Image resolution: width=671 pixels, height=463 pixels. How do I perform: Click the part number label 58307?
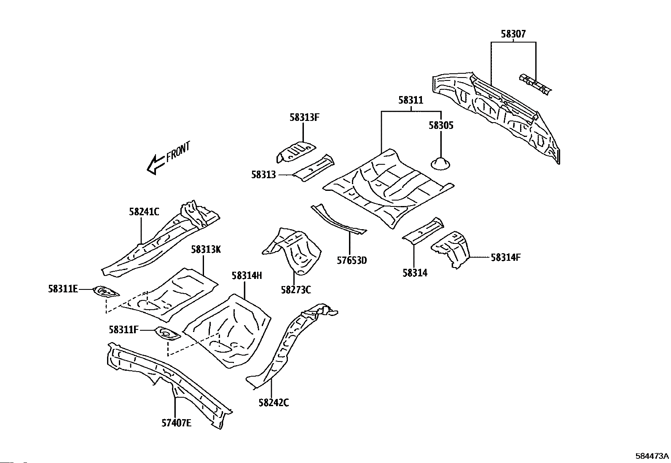pos(513,34)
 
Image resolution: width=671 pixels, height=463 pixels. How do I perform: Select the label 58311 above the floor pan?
pos(411,100)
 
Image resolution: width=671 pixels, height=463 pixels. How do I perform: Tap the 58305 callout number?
pos(441,125)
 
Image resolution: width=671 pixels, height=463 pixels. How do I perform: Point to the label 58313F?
pos(304,117)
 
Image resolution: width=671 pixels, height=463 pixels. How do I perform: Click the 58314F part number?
pos(506,257)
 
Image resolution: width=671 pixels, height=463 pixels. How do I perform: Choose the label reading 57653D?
pos(352,260)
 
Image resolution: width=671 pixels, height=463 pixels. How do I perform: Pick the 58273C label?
pos(296,289)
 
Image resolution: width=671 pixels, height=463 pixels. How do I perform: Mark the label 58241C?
pos(144,212)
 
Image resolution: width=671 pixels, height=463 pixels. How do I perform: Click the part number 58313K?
pos(206,249)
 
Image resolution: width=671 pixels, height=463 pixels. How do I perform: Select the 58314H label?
pos(247,276)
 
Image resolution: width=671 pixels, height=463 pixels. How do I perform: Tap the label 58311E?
pos(63,289)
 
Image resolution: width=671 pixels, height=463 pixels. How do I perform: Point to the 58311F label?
pos(123,330)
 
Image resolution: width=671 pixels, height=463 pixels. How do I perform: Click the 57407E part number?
pos(177,423)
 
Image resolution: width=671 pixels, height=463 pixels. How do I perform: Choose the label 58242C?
pos(274,403)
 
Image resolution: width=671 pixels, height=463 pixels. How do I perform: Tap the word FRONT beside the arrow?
pos(178,152)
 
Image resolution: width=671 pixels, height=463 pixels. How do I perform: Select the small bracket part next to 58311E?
pos(105,292)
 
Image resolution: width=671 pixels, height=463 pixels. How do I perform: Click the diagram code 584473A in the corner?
pos(652,456)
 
